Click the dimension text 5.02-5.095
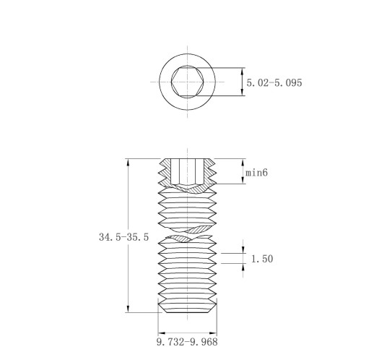(x=274, y=82)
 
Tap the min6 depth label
(x=256, y=173)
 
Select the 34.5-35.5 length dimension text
(x=124, y=237)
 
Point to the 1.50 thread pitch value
(x=262, y=259)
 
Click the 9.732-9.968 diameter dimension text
(x=187, y=342)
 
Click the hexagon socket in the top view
(x=188, y=82)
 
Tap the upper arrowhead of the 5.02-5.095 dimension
(x=243, y=71)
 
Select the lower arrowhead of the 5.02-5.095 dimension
(x=243, y=93)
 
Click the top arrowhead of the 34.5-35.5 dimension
(x=128, y=162)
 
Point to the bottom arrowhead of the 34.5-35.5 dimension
(x=128, y=309)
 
